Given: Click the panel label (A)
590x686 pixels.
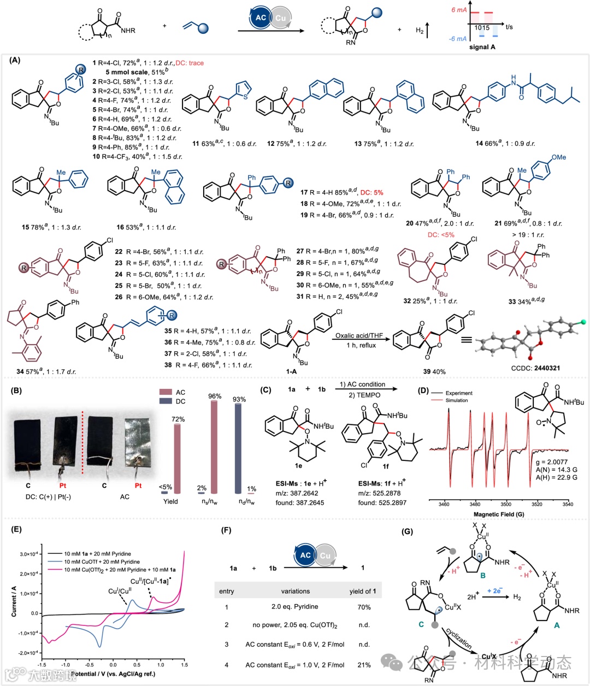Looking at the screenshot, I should (15, 60).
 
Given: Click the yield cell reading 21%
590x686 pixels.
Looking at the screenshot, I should (364, 665).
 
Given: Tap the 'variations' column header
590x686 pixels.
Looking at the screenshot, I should (295, 591).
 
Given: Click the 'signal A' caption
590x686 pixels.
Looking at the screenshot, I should (482, 47).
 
